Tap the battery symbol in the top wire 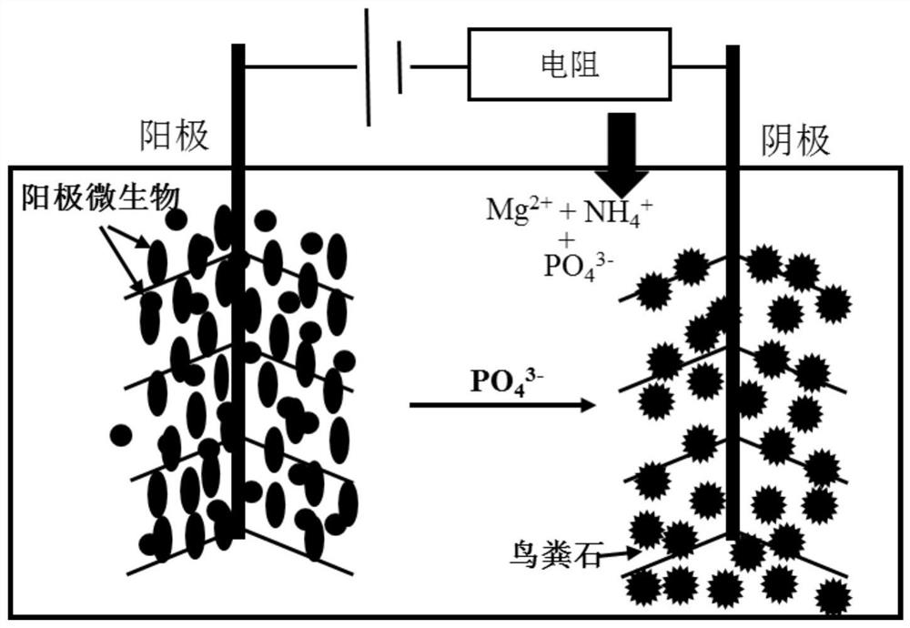(385, 66)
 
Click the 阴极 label (794, 140)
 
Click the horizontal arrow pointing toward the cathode (501, 406)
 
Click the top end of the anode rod (238, 47)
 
